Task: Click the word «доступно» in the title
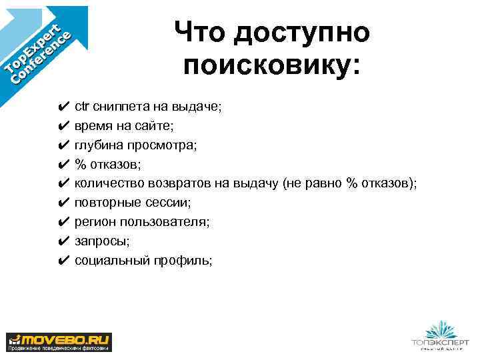point(301,32)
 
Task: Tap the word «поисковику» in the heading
point(269,67)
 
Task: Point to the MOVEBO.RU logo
point(59,341)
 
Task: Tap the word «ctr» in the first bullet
point(82,105)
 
